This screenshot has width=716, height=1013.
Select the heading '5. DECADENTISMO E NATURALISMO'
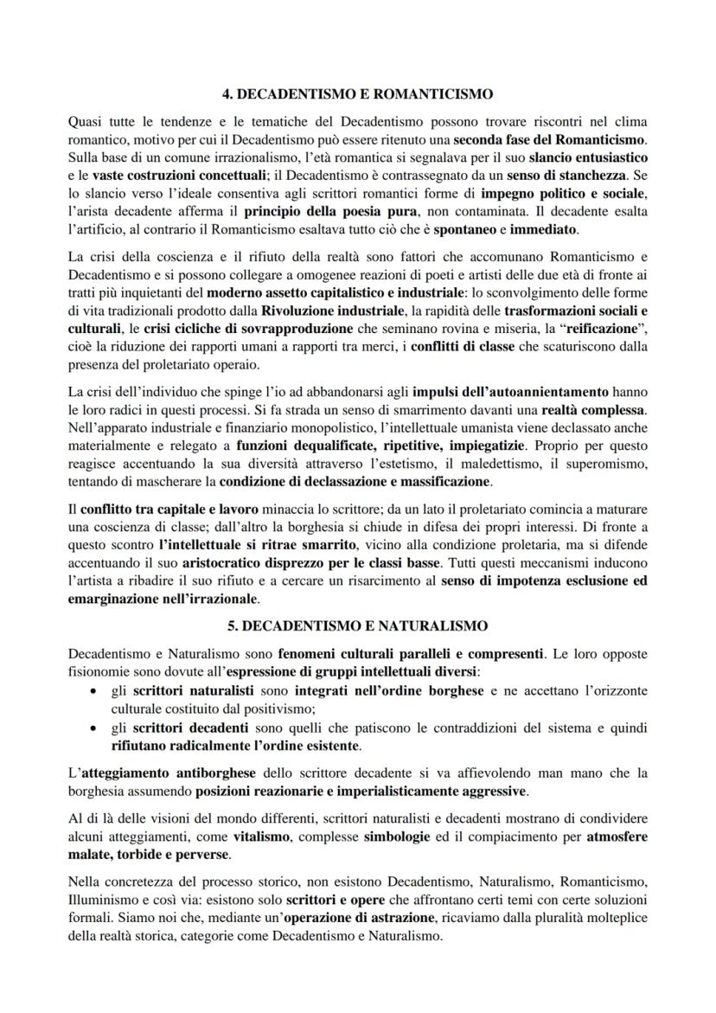coord(357,625)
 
